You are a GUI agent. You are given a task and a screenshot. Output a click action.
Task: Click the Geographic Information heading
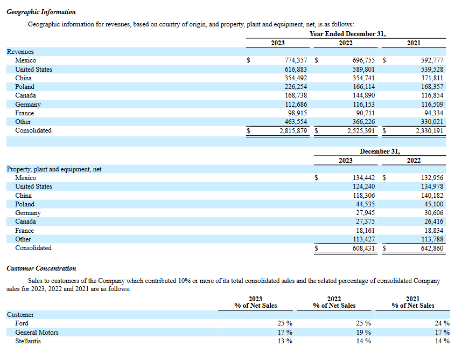[x=41, y=12]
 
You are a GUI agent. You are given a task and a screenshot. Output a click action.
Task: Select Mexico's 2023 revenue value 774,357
[x=296, y=60]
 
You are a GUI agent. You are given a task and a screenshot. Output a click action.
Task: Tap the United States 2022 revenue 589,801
[x=363, y=70]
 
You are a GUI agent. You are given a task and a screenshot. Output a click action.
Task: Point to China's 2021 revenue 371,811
[x=432, y=78]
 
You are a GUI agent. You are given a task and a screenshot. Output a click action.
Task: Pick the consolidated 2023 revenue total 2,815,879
[x=293, y=130]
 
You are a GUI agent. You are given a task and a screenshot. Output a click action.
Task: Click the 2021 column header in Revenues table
[x=414, y=43]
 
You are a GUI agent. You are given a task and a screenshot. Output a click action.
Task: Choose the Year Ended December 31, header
[x=348, y=34]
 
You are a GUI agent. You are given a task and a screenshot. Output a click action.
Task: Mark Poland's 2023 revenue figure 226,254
[x=296, y=87]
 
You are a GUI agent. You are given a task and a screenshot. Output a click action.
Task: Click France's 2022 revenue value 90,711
[x=365, y=113]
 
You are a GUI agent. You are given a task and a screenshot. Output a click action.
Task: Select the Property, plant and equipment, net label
[x=54, y=169]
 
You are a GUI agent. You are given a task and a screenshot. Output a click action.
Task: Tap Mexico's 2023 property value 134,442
[x=363, y=178]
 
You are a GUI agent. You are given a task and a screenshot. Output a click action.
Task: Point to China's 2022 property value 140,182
[x=432, y=196]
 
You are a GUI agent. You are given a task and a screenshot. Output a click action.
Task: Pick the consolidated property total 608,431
[x=363, y=248]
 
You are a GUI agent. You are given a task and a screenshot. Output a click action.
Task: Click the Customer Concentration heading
[x=41, y=268]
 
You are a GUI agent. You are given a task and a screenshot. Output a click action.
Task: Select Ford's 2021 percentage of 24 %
[x=442, y=323]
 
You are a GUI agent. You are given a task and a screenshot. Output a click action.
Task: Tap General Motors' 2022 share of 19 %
[x=363, y=333]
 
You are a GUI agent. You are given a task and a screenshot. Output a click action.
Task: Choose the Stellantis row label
[x=28, y=341]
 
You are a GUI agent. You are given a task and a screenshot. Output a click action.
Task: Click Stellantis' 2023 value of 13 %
[x=285, y=341]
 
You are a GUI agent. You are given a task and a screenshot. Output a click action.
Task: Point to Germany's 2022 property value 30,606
[x=434, y=213]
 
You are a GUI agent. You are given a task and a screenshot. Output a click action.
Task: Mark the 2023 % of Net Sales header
[x=255, y=302]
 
